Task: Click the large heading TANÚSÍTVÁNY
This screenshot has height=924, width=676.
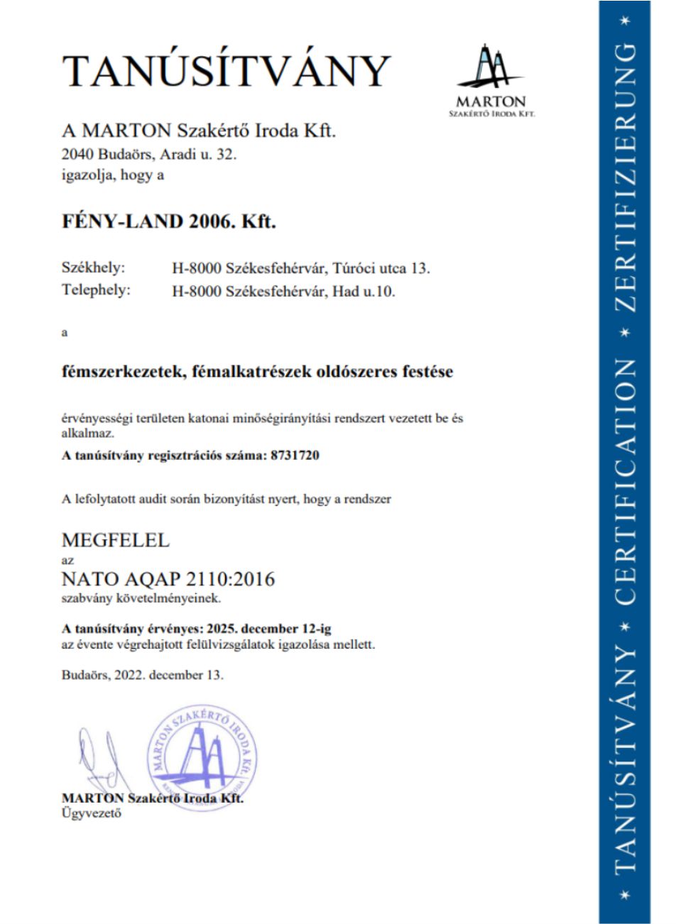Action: pos(227,71)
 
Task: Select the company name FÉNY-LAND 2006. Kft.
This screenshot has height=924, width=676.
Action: pos(168,221)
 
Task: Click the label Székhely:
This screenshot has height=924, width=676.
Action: pos(93,268)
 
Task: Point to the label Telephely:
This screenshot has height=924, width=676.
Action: pos(96,291)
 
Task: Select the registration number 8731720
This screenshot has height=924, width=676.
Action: pos(295,456)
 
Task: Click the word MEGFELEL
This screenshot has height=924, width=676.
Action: pos(116,540)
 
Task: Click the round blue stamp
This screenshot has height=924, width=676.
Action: pos(202,753)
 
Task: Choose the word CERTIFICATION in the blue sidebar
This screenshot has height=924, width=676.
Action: pos(624,482)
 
